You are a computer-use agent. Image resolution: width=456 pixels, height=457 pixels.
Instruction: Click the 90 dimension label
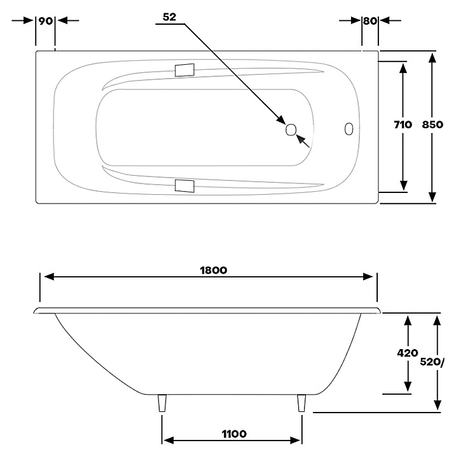(46, 21)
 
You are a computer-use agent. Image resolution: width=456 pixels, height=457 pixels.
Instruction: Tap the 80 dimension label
(370, 21)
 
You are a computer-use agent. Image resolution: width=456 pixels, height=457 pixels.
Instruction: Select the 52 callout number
(170, 17)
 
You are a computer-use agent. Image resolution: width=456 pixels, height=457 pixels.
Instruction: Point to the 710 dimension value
(403, 125)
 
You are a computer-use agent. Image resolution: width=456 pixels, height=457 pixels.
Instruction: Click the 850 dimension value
(432, 125)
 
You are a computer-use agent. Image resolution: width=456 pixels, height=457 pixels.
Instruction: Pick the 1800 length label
(214, 270)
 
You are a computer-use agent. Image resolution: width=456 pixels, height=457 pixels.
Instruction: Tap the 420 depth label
(408, 354)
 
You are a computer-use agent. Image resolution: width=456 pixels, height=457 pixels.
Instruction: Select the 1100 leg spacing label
(234, 434)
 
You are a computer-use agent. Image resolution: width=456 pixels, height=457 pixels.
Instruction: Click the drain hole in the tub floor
(291, 129)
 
